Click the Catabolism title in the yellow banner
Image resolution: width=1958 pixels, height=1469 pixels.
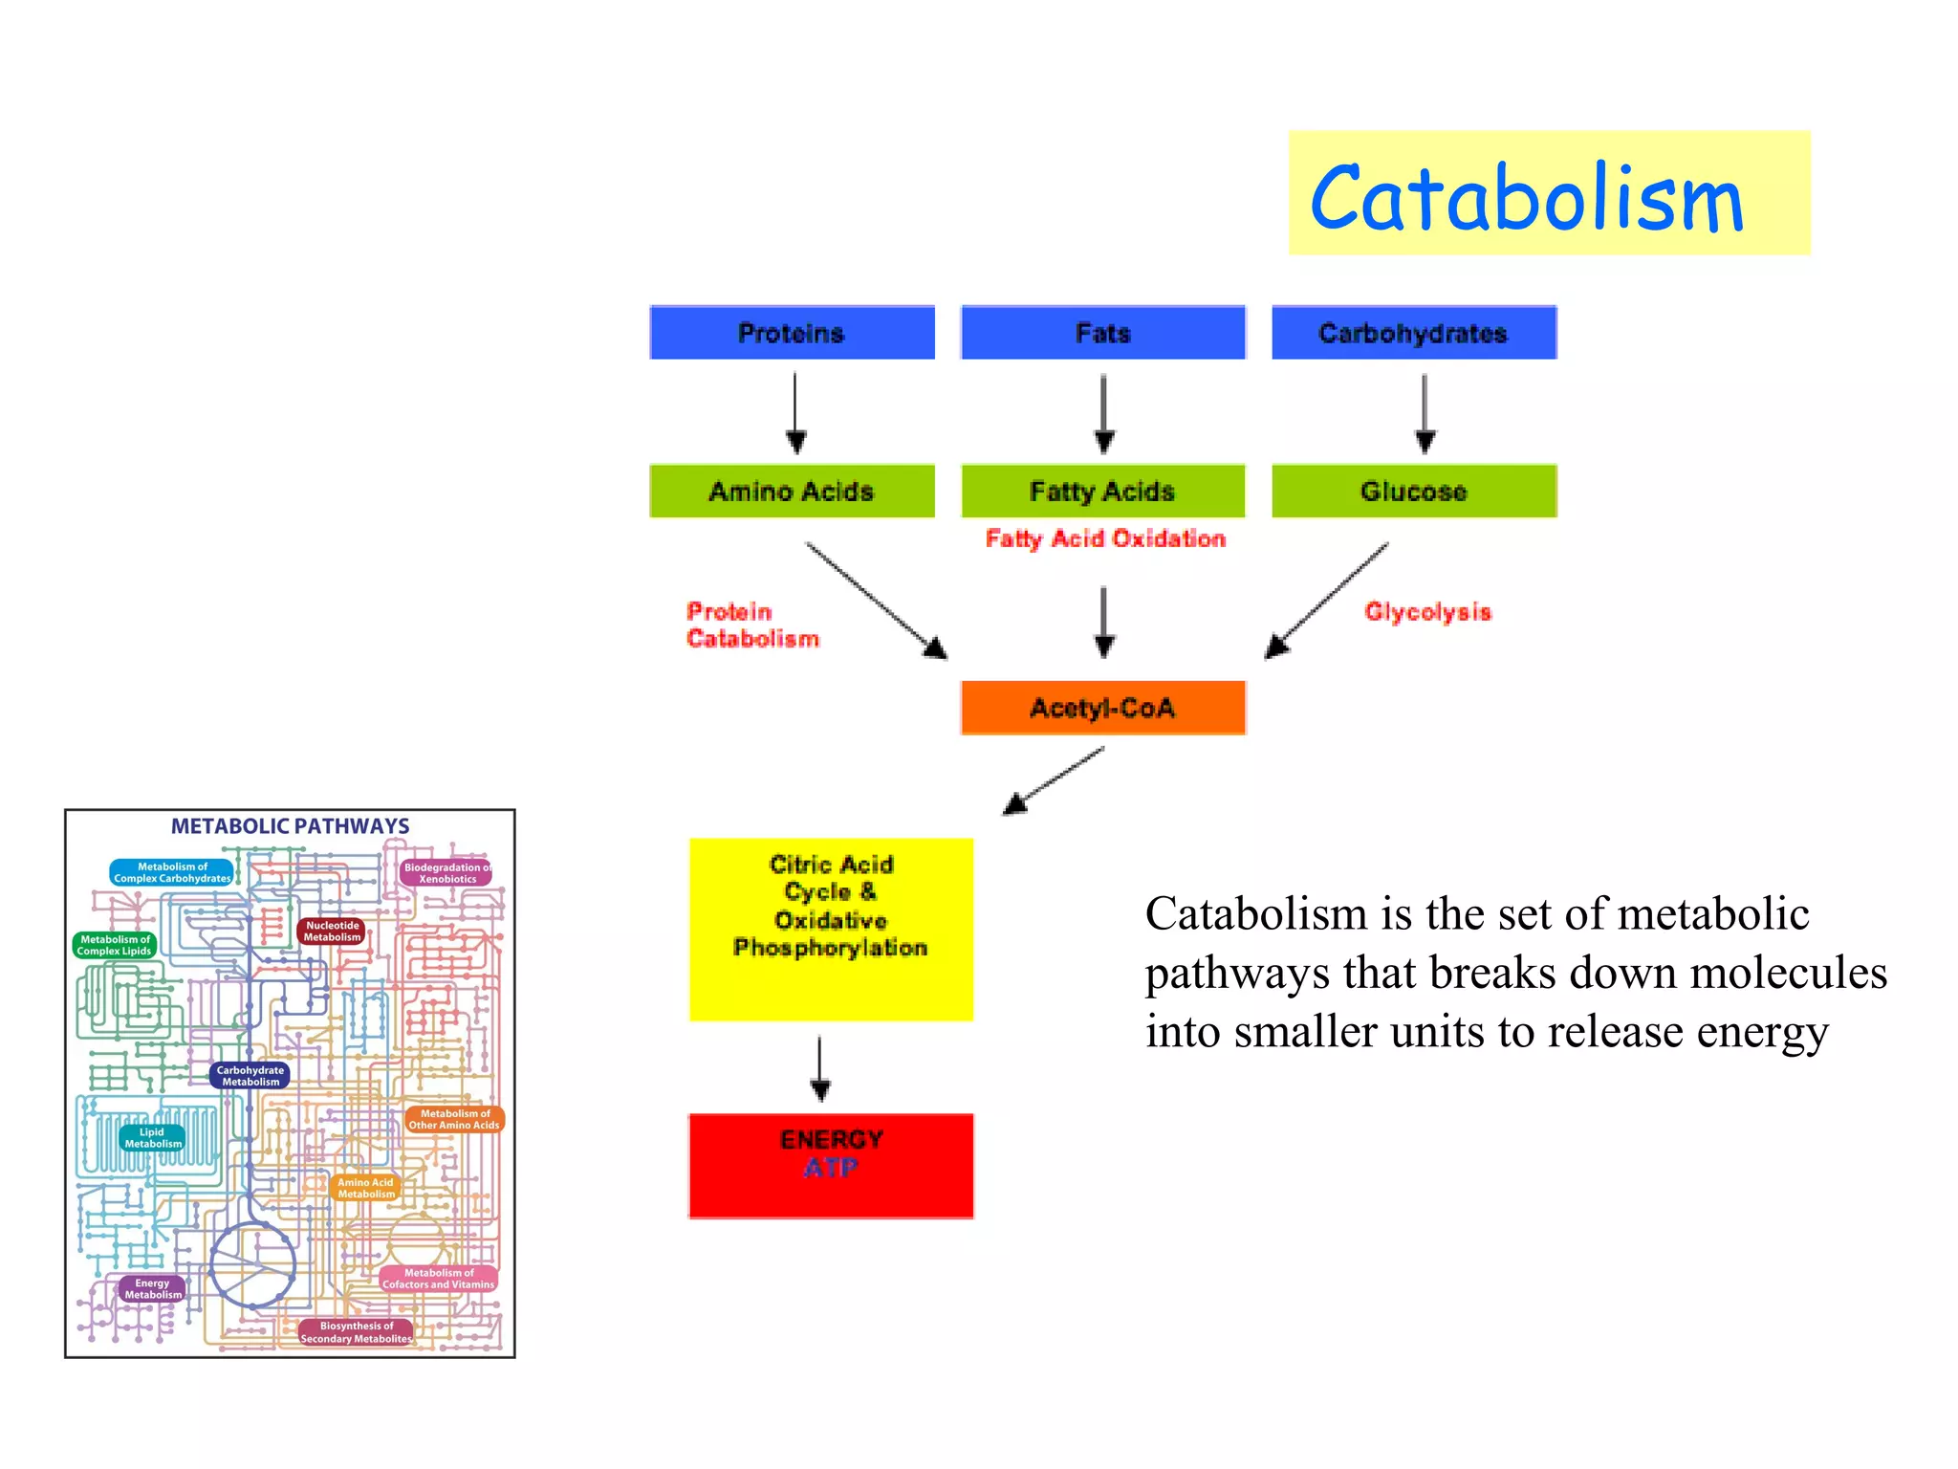point(1527,198)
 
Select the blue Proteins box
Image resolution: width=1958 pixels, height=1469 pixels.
point(792,333)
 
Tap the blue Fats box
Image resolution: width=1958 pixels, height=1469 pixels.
point(1102,333)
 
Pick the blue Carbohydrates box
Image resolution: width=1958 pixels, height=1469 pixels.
point(1413,333)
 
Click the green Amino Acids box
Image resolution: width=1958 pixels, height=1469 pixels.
point(792,492)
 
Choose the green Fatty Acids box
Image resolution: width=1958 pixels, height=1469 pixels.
point(1102,492)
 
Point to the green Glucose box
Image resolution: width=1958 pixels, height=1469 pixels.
point(1413,492)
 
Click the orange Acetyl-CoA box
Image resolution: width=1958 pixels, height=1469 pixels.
point(1102,708)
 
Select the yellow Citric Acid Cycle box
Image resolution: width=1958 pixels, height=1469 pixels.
point(831,928)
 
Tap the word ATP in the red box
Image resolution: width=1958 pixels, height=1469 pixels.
point(831,1168)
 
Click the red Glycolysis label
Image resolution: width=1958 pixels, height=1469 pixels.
point(1427,612)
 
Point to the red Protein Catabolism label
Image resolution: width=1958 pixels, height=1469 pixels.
point(752,625)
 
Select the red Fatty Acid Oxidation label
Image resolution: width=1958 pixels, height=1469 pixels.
point(1105,539)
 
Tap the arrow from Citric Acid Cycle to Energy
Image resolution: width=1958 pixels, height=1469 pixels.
point(820,1067)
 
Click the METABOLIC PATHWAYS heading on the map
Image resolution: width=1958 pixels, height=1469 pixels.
point(290,826)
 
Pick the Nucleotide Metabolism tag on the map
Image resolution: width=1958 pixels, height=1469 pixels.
point(332,932)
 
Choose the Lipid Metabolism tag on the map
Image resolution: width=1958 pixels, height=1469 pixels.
point(153,1138)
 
